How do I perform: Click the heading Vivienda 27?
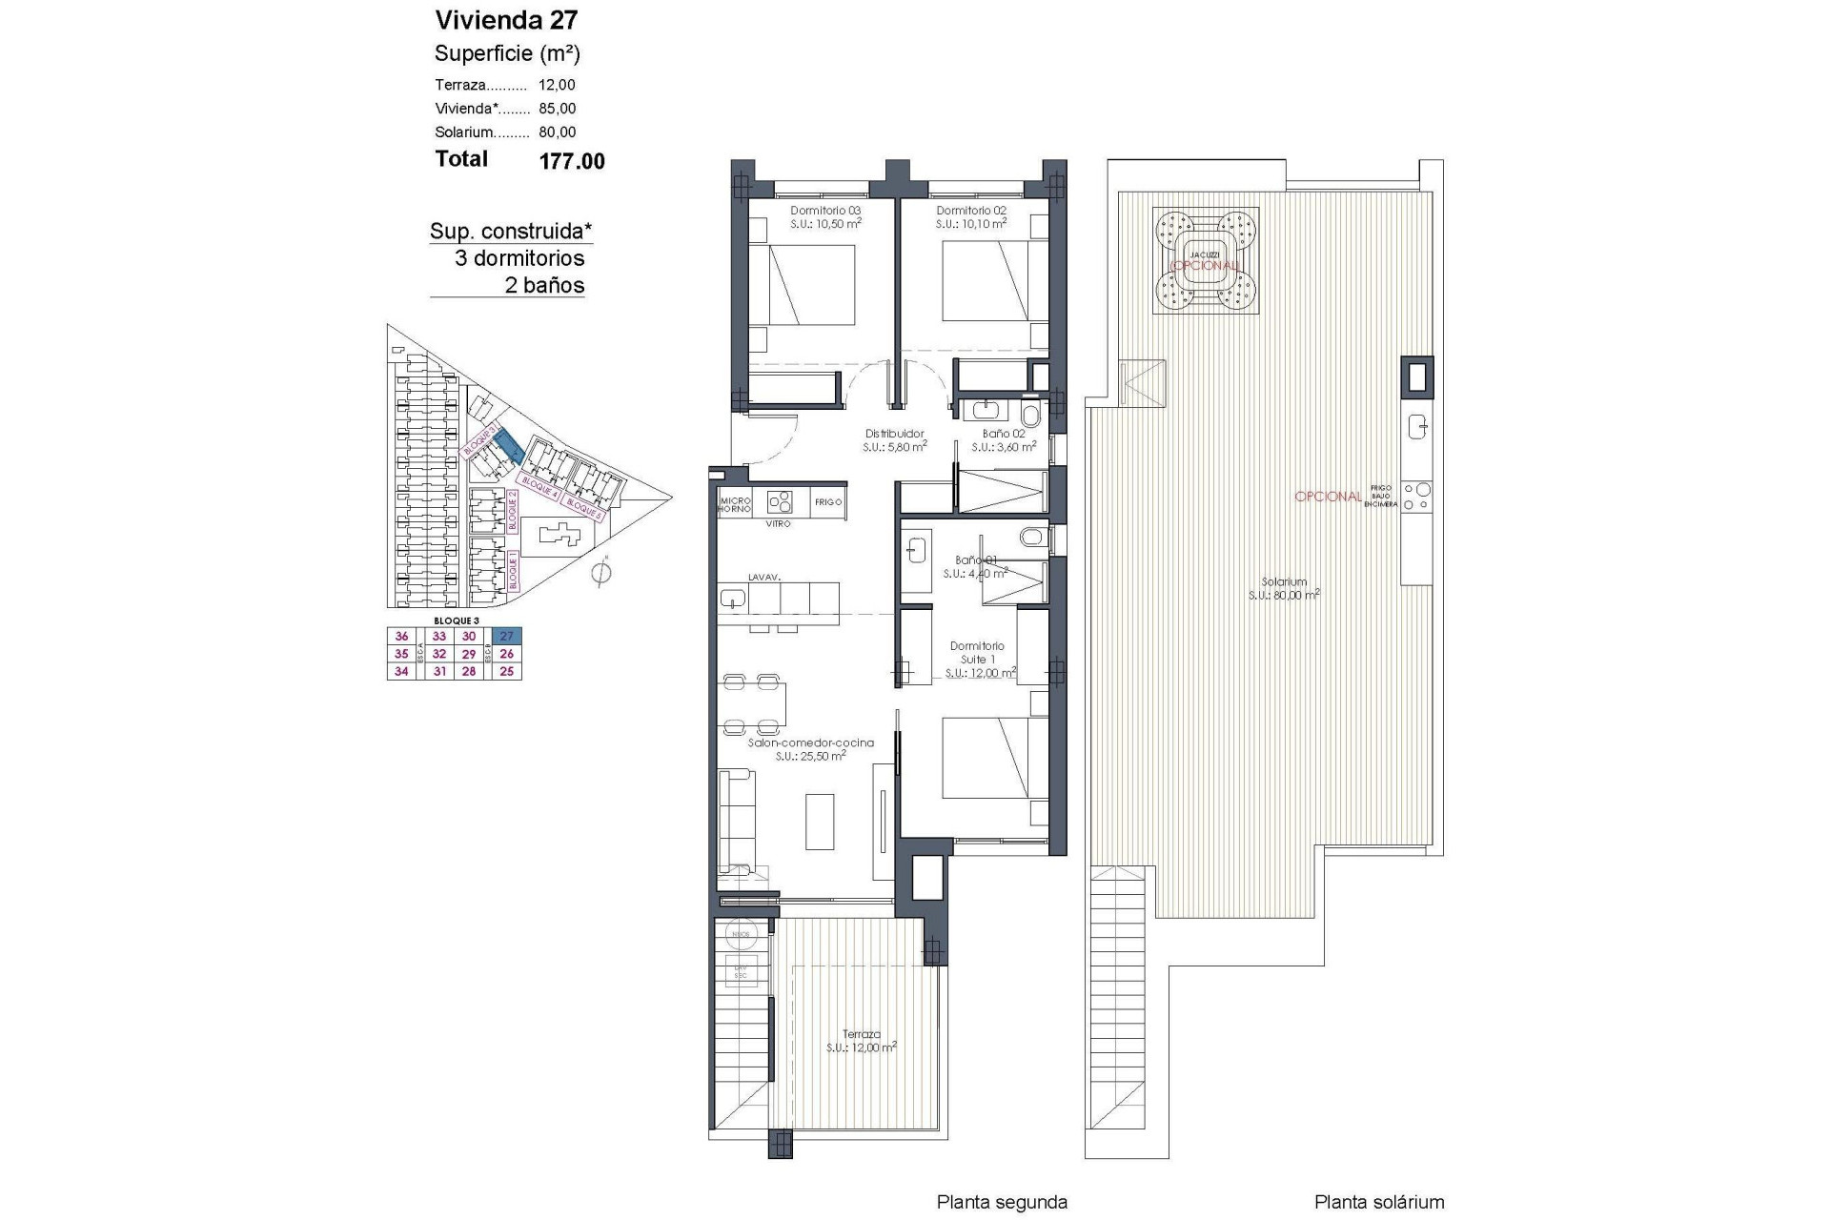point(506,20)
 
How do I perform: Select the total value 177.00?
point(572,161)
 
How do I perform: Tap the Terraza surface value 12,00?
point(557,85)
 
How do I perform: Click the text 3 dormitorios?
point(518,258)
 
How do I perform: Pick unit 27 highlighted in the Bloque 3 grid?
point(507,637)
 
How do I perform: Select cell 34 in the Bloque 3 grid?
point(401,671)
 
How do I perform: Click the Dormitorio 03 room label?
point(825,211)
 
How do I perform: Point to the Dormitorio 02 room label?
point(971,211)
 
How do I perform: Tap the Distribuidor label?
point(894,434)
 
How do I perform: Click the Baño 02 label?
point(1004,434)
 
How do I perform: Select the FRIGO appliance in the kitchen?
point(828,502)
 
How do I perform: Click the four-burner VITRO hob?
point(781,502)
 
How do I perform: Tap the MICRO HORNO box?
point(735,504)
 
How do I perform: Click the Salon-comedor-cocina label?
point(810,742)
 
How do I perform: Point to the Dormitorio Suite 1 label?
point(977,652)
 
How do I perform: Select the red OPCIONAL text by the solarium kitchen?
point(1328,497)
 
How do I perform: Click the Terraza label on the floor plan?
point(861,1033)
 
